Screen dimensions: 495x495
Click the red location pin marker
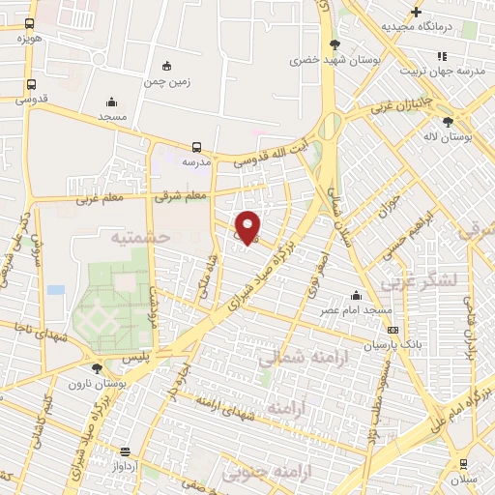click(248, 227)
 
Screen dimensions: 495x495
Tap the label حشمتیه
click(139, 236)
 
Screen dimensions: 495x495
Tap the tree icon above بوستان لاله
click(447, 122)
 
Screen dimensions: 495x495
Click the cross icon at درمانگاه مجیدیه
click(416, 12)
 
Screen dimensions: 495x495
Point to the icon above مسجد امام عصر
click(357, 295)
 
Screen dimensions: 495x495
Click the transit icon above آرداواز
click(125, 451)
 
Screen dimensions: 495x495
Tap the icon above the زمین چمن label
click(167, 66)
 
